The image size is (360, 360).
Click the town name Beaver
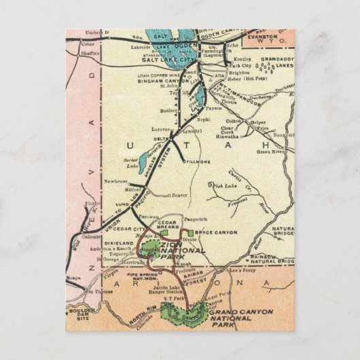pyautogui.click(x=179, y=194)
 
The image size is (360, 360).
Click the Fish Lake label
pyautogui.click(x=223, y=185)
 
